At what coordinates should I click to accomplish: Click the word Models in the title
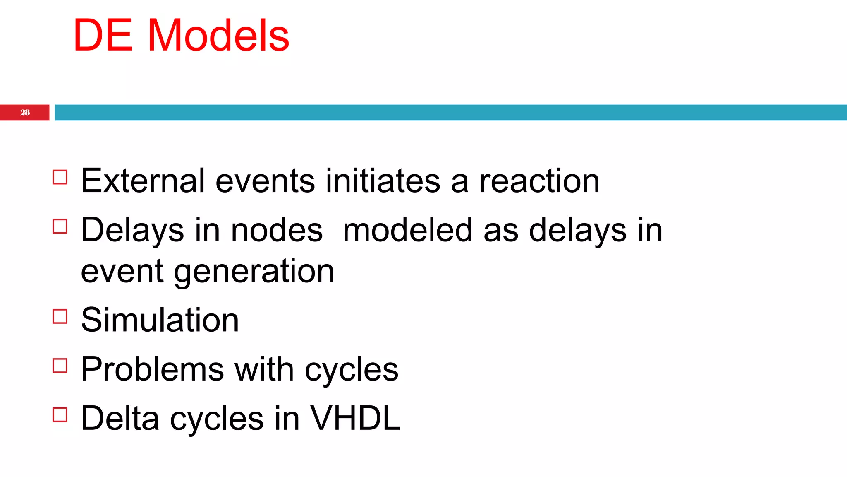point(218,36)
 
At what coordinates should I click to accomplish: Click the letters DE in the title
point(103,36)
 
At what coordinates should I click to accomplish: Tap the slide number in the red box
point(25,113)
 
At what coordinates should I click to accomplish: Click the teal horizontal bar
point(450,113)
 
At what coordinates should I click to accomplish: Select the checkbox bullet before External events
point(60,177)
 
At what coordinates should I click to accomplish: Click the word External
point(143,181)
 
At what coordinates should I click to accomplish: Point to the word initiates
point(383,181)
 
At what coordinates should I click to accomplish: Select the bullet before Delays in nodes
point(60,226)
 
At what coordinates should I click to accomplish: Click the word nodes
point(276,230)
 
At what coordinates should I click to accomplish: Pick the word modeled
point(407,230)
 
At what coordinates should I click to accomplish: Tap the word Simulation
point(160,320)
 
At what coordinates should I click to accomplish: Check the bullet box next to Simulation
point(60,316)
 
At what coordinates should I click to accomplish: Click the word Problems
point(152,369)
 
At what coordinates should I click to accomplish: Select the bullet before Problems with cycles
point(60,366)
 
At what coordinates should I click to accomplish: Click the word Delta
point(120,418)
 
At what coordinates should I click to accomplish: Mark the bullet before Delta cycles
point(60,414)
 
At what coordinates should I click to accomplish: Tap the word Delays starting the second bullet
point(132,230)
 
